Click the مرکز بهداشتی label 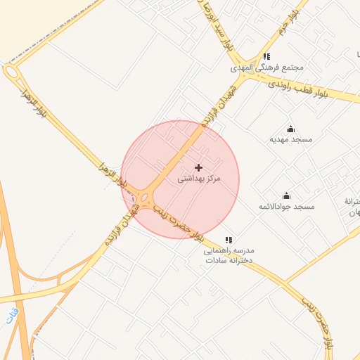(198, 179)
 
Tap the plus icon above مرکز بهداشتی (198, 167)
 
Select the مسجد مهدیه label (291, 139)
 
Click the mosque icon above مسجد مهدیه (291, 129)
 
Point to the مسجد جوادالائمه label (286, 206)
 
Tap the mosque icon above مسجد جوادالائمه (286, 195)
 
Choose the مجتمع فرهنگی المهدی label (266, 68)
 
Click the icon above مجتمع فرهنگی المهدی (266, 57)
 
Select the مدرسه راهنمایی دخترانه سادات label (229, 255)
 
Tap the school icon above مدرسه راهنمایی (228, 240)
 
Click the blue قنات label (11, 316)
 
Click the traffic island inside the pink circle (145, 198)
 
